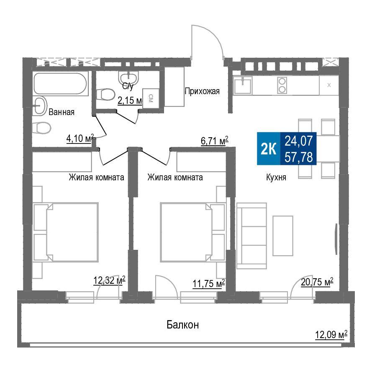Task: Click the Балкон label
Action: pyautogui.click(x=183, y=324)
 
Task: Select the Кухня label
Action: pyautogui.click(x=276, y=177)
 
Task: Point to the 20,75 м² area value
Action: pyautogui.click(x=317, y=282)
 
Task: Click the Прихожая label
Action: pyautogui.click(x=202, y=91)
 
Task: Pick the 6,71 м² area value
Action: pyautogui.click(x=215, y=141)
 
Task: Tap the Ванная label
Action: pyautogui.click(x=62, y=112)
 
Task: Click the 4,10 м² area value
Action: pyautogui.click(x=80, y=138)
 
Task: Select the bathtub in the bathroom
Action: pyautogui.click(x=60, y=84)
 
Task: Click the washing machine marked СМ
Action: pyautogui.click(x=151, y=98)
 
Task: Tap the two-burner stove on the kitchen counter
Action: pyautogui.click(x=282, y=85)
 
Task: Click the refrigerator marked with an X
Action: pyautogui.click(x=329, y=85)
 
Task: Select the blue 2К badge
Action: pyautogui.click(x=269, y=149)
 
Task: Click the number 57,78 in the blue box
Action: pyautogui.click(x=299, y=157)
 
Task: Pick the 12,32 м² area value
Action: pyautogui.click(x=109, y=280)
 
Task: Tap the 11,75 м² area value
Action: pyautogui.click(x=209, y=283)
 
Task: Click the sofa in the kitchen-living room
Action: pyautogui.click(x=252, y=236)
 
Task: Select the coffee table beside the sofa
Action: pyautogui.click(x=283, y=236)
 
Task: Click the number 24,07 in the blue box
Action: pyautogui.click(x=299, y=141)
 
